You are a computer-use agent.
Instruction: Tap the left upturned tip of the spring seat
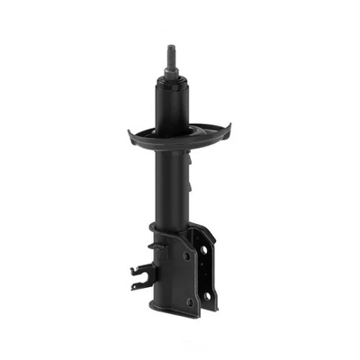click(x=131, y=135)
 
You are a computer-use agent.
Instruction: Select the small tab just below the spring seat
click(x=188, y=158)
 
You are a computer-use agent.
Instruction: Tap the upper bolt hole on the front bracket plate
click(x=185, y=256)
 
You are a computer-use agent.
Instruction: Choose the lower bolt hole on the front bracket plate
click(x=189, y=301)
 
